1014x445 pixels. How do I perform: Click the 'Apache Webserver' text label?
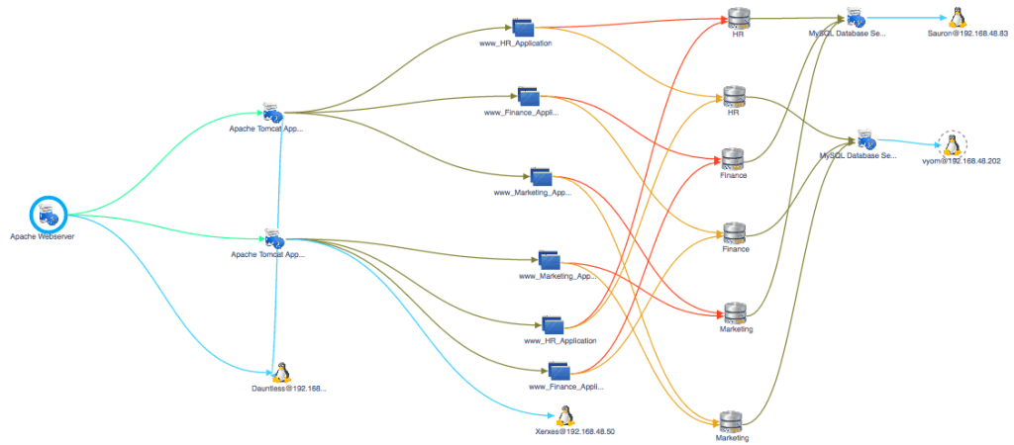click(43, 237)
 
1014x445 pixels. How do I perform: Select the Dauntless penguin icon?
click(281, 372)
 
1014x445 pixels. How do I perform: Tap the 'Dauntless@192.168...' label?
click(288, 389)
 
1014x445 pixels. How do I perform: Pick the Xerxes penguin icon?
click(564, 415)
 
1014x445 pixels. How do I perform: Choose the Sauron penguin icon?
click(956, 17)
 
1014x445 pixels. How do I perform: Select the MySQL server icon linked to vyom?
click(864, 139)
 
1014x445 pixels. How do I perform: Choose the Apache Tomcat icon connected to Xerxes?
click(272, 237)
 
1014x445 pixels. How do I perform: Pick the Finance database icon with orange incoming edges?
click(734, 232)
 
